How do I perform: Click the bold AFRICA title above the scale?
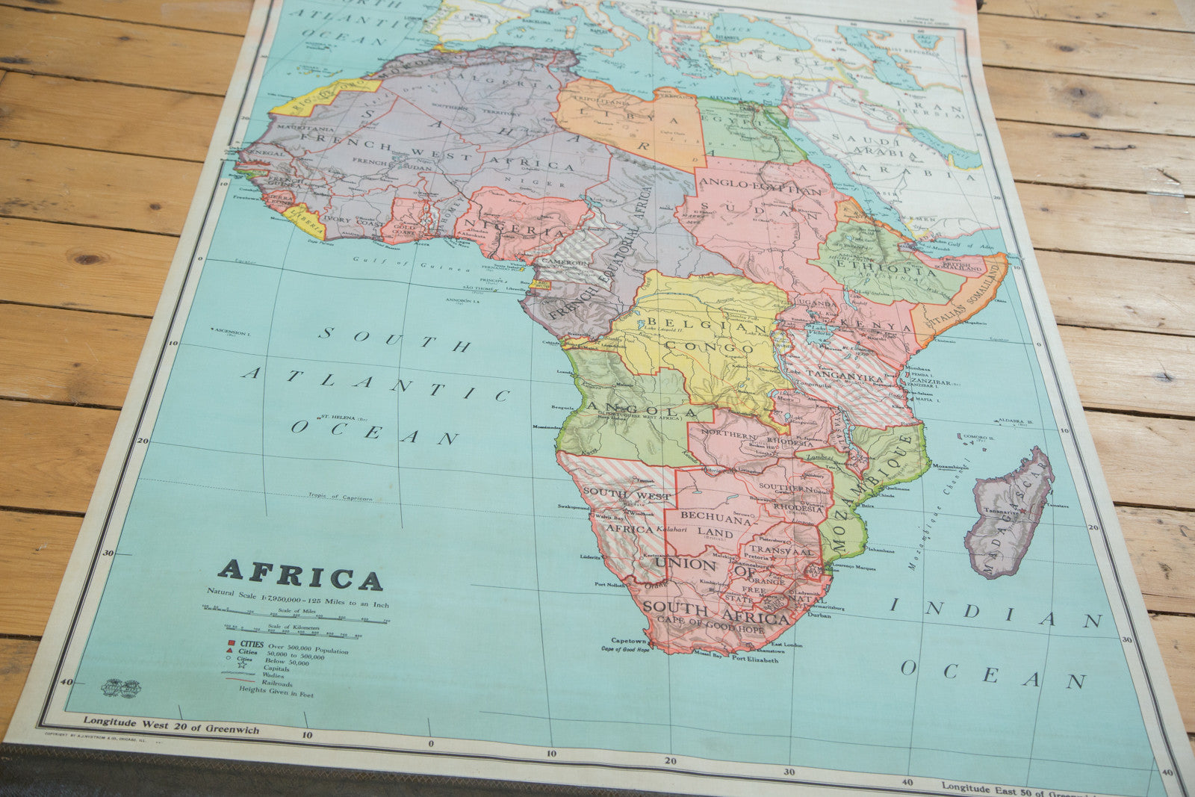point(299,575)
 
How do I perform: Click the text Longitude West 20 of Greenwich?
point(171,725)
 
